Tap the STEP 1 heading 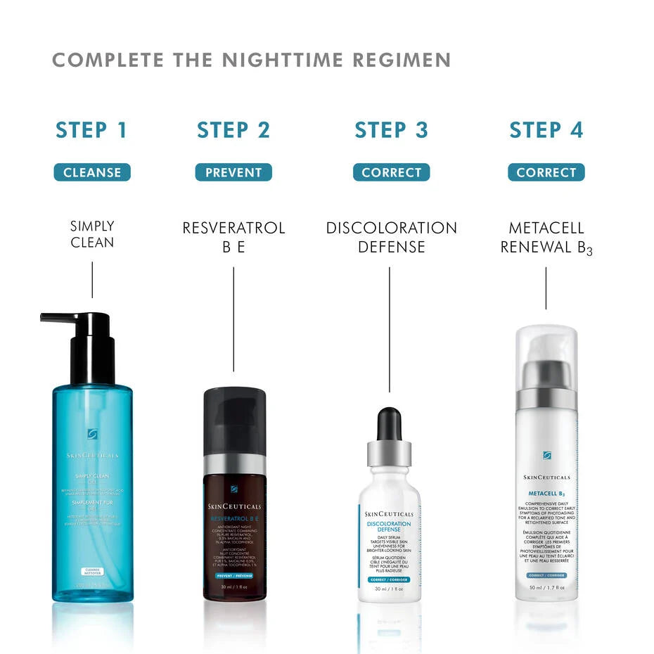tap(91, 130)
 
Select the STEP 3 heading tap(391, 130)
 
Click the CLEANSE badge tap(92, 172)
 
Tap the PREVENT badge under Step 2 tap(233, 172)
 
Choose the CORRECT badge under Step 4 tap(546, 172)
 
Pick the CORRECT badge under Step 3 tap(391, 172)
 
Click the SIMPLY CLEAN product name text tap(92, 235)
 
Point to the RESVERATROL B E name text tap(233, 237)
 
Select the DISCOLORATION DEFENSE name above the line tap(391, 237)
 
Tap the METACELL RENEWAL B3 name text tap(546, 238)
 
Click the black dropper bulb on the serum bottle tap(389, 423)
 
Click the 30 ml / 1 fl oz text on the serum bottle tap(389, 589)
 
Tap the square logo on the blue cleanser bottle tap(92, 434)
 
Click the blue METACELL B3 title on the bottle tap(546, 494)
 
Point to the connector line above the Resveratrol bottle tap(233, 323)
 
